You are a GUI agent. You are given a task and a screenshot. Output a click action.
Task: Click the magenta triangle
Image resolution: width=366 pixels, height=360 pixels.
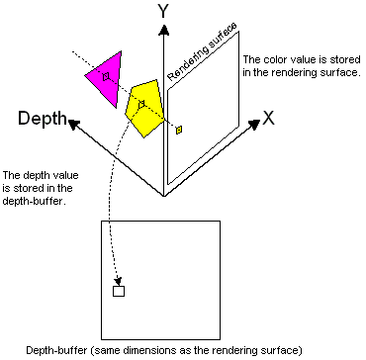105,73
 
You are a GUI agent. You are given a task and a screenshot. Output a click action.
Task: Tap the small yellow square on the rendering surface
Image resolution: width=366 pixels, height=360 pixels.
179,129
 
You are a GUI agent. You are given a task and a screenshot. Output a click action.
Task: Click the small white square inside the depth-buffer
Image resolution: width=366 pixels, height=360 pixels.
119,291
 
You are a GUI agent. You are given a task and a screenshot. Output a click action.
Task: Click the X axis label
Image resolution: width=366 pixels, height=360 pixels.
267,117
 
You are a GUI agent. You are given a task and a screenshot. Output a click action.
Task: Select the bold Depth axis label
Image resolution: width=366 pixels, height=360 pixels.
42,120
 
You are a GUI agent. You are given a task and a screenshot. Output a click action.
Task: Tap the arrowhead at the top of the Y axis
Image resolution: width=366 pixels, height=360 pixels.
163,31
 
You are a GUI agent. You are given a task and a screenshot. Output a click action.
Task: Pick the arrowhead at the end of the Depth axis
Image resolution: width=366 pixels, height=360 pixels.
73,125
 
